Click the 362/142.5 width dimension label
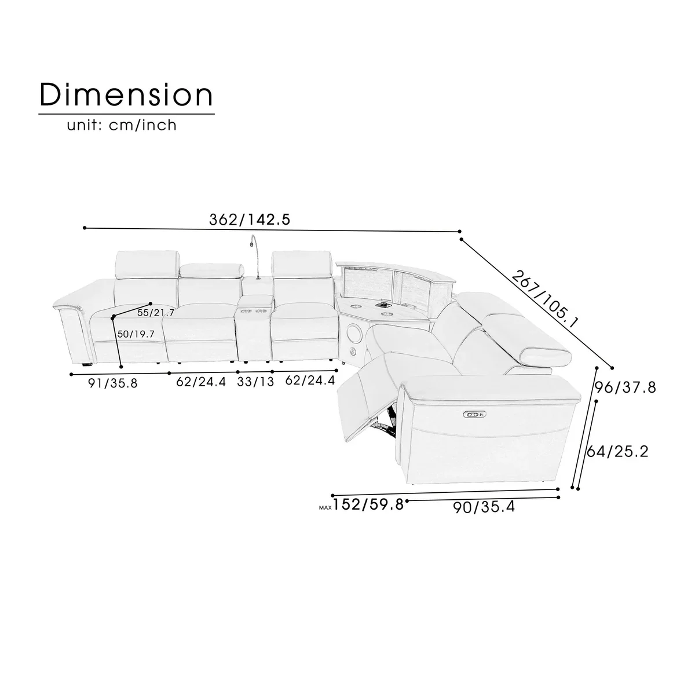click(250, 220)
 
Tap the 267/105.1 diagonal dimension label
click(545, 299)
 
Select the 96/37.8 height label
click(625, 387)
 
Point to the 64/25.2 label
click(617, 452)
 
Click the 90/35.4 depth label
click(484, 507)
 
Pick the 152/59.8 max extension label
click(368, 504)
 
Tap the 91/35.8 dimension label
click(113, 383)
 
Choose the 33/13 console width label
click(255, 382)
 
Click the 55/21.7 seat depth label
click(156, 313)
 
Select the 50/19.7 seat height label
click(136, 334)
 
